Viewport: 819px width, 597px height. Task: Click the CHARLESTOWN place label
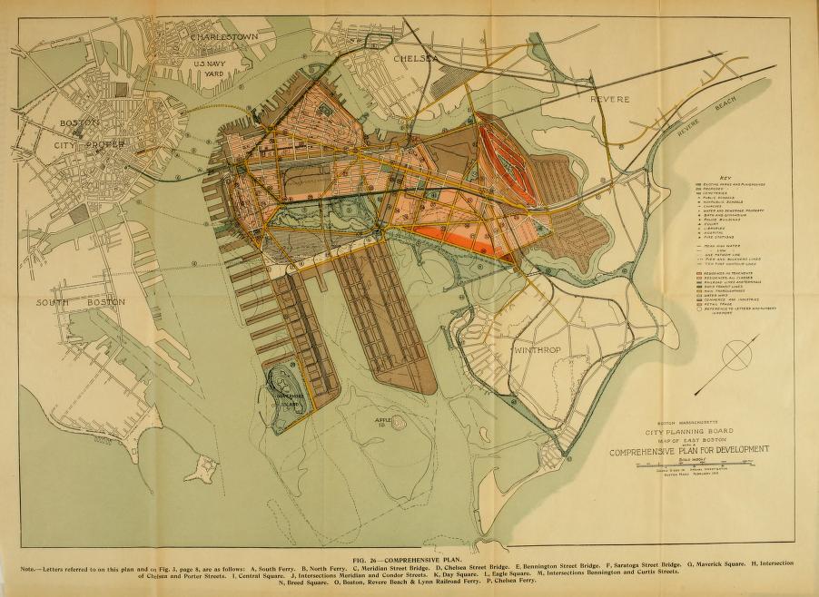coord(225,36)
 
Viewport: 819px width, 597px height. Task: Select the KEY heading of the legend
coord(725,176)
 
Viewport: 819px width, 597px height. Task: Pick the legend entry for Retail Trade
coord(726,307)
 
